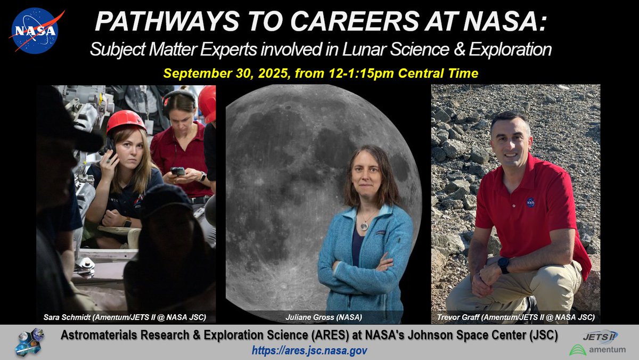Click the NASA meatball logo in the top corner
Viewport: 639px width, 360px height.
coord(34,31)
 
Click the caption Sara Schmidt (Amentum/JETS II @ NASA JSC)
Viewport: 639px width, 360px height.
coord(125,317)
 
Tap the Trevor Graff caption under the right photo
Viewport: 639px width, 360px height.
coord(515,317)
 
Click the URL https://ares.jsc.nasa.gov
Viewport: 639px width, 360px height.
coord(312,350)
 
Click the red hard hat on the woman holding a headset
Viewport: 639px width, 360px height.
coord(126,121)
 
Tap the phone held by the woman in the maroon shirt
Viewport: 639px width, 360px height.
coord(178,171)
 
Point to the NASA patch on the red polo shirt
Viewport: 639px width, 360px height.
coord(530,202)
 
